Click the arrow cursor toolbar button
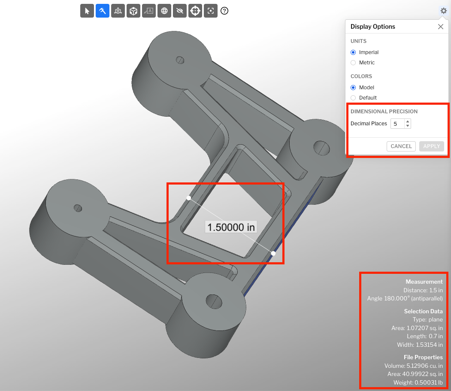(87, 11)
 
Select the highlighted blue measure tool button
(103, 11)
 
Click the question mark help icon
(224, 11)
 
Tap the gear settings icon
(443, 11)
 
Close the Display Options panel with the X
(440, 27)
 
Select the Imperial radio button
(353, 52)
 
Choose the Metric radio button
(353, 63)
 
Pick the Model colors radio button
(353, 88)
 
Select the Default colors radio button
(353, 98)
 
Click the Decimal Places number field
(397, 124)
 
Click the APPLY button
(431, 146)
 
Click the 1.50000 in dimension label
(231, 227)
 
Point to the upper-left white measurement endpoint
(188, 198)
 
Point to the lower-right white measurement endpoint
(273, 253)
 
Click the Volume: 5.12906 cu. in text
(413, 366)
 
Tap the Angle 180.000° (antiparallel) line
(405, 298)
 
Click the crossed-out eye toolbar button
(180, 11)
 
